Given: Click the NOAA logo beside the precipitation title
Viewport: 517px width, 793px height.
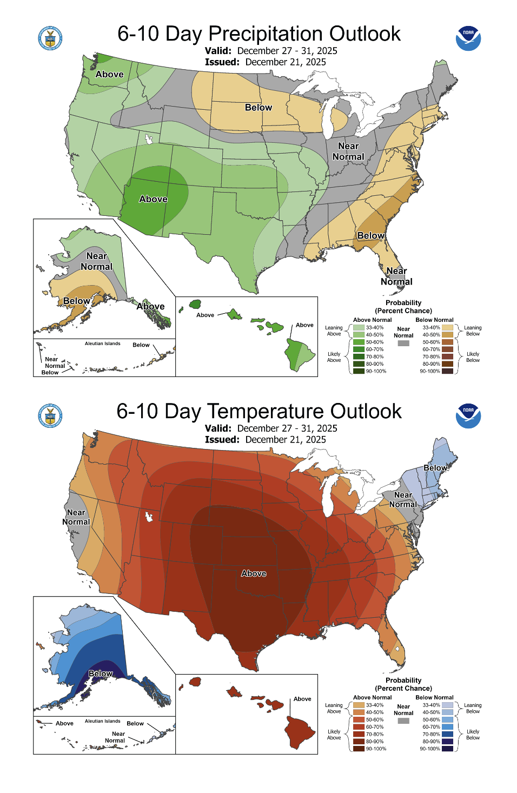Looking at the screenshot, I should [x=468, y=38].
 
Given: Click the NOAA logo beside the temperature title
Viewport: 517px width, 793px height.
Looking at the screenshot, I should [x=468, y=415].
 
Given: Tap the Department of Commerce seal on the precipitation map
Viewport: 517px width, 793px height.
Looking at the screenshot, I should [x=50, y=38].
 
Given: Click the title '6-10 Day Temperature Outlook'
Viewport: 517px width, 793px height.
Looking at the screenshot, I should [x=259, y=412].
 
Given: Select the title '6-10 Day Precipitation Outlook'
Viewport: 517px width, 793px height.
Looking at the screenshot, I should [x=259, y=34].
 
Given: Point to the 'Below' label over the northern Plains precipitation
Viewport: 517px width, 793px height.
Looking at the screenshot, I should [x=258, y=108].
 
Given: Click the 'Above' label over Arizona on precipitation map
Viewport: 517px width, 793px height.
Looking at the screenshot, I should [x=153, y=199].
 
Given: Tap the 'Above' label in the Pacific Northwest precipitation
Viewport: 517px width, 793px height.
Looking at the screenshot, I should [x=109, y=75].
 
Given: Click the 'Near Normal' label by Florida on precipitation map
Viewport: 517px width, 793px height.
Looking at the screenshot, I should [x=396, y=276].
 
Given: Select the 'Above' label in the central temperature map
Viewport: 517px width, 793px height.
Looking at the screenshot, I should [x=254, y=573].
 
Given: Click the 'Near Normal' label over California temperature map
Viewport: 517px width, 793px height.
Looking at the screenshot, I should [x=76, y=517].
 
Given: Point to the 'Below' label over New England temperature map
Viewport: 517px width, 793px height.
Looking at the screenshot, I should [x=435, y=468].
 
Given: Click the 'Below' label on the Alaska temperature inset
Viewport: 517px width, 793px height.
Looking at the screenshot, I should [x=101, y=673].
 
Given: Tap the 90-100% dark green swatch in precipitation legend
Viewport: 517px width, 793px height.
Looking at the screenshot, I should [x=359, y=371].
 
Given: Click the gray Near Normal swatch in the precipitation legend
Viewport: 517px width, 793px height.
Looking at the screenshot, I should [x=403, y=343].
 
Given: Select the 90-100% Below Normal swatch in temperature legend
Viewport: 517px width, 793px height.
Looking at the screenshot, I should [x=447, y=749].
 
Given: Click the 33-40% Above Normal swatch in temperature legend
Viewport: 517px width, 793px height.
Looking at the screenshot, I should [x=359, y=705].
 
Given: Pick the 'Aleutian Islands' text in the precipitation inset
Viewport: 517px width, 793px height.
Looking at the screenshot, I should [x=102, y=343].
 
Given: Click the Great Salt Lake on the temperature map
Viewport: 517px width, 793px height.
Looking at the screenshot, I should [x=148, y=517].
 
